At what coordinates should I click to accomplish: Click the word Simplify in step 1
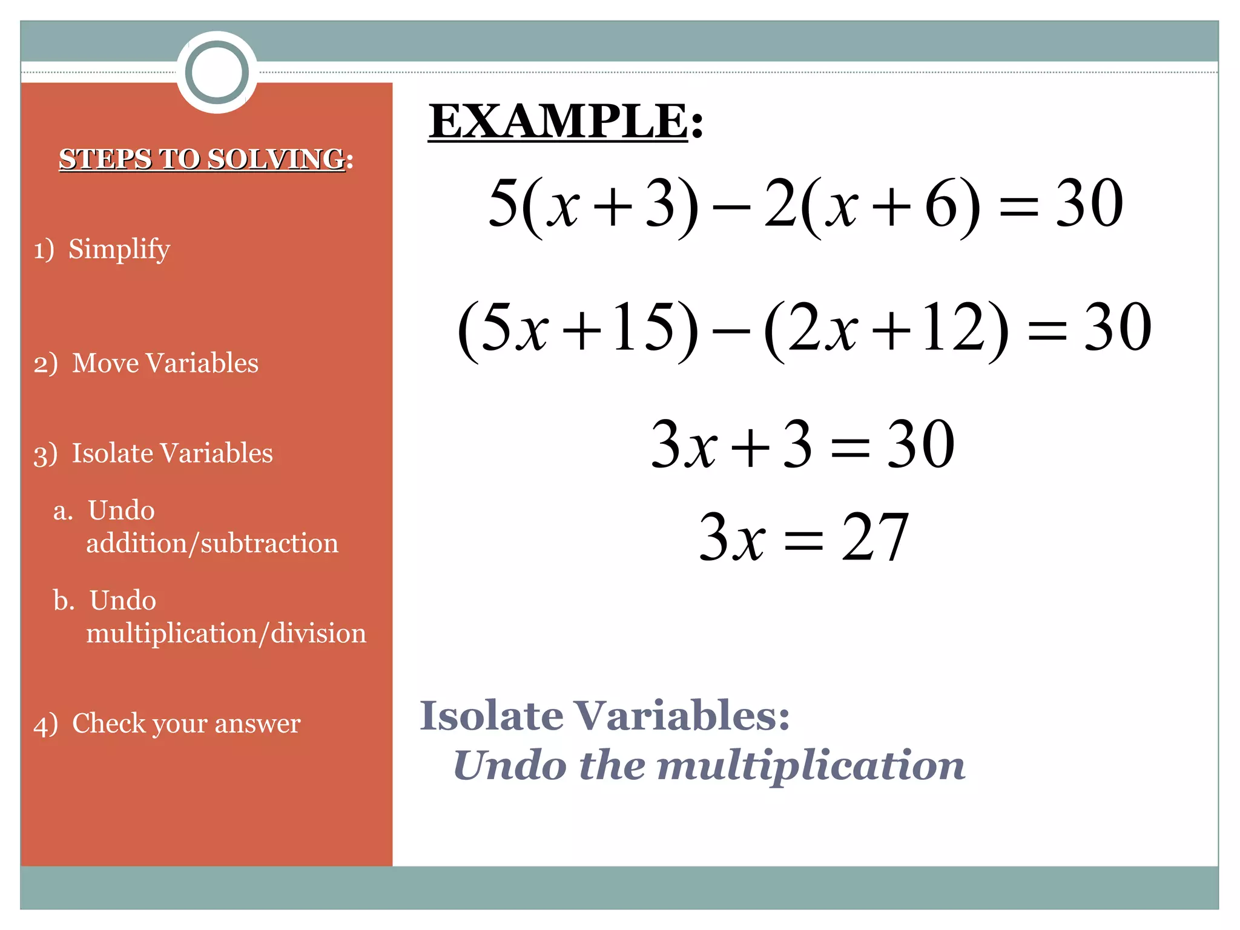point(119,249)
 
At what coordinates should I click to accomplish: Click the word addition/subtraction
point(212,543)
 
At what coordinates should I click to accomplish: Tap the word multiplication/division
point(226,633)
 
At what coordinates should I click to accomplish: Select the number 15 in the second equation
point(642,327)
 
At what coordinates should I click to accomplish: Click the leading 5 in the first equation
point(504,203)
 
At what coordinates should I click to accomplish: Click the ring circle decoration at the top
point(217,72)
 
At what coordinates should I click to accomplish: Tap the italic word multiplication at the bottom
point(811,766)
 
